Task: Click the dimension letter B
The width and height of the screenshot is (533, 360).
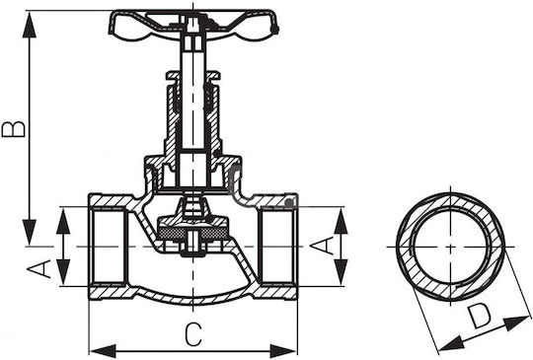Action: (x=13, y=129)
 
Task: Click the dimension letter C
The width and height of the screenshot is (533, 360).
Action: (x=193, y=335)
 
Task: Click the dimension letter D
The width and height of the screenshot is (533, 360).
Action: (x=479, y=317)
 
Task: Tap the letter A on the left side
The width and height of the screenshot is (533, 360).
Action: (x=39, y=269)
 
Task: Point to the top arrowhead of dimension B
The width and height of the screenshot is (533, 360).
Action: (x=30, y=25)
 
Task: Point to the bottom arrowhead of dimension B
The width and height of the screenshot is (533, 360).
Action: (x=30, y=233)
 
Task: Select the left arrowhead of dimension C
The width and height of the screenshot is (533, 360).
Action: (x=103, y=351)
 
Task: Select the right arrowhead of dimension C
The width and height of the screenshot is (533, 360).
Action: (x=283, y=351)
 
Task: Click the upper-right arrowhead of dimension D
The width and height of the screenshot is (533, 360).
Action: (x=516, y=323)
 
